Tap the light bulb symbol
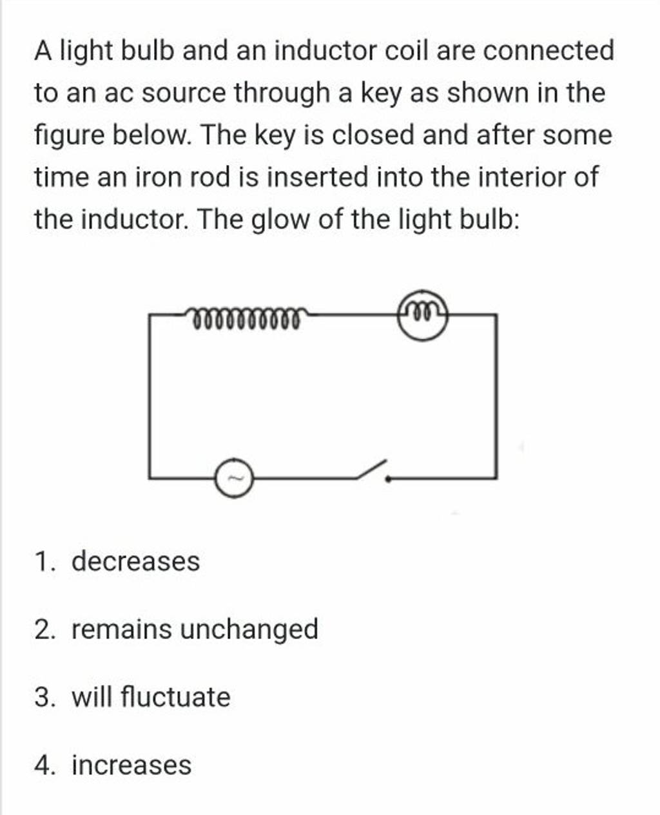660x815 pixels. tap(423, 316)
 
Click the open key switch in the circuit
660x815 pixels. tap(373, 472)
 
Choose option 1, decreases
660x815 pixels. tap(135, 561)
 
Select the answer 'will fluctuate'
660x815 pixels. tap(151, 697)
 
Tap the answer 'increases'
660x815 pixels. tap(131, 765)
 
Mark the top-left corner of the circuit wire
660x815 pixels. tap(150, 315)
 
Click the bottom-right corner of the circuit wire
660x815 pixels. tap(496, 478)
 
